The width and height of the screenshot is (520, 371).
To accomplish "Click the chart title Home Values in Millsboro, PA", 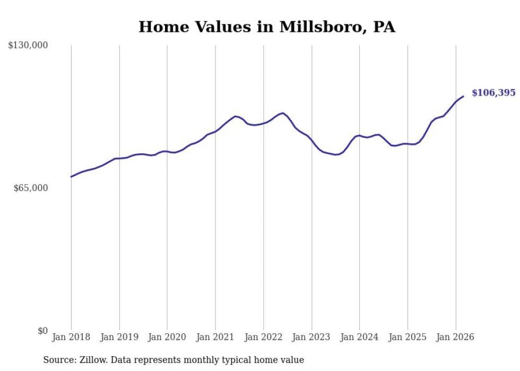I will pyautogui.click(x=266, y=27).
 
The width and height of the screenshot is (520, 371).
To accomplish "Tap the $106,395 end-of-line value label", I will pyautogui.click(x=493, y=93).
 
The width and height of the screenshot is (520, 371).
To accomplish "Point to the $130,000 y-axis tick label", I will pyautogui.click(x=28, y=46).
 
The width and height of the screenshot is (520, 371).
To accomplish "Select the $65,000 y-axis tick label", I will pyautogui.click(x=30, y=188).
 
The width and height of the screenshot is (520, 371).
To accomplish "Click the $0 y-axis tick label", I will pyautogui.click(x=42, y=331).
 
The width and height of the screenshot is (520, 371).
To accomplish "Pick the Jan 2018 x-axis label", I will pyautogui.click(x=71, y=337).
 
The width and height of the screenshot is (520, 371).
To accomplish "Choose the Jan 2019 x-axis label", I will pyautogui.click(x=119, y=337).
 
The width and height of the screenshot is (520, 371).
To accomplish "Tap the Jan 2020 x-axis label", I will pyautogui.click(x=167, y=337).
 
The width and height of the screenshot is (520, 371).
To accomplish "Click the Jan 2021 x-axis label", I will pyautogui.click(x=215, y=337).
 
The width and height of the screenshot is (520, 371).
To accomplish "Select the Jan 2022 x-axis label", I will pyautogui.click(x=263, y=337).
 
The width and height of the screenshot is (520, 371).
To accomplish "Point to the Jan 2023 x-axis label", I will pyautogui.click(x=311, y=337).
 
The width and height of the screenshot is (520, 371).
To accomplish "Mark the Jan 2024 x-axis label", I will pyautogui.click(x=359, y=337).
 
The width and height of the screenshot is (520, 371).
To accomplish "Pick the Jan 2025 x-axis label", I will pyautogui.click(x=408, y=337).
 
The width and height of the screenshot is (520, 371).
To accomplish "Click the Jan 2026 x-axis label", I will pyautogui.click(x=455, y=337).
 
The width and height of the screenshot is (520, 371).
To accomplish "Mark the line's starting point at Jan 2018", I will pyautogui.click(x=71, y=177).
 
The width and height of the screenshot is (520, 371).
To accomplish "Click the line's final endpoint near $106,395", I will pyautogui.click(x=463, y=96).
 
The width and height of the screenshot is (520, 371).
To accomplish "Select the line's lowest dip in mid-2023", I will pyautogui.click(x=336, y=154).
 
